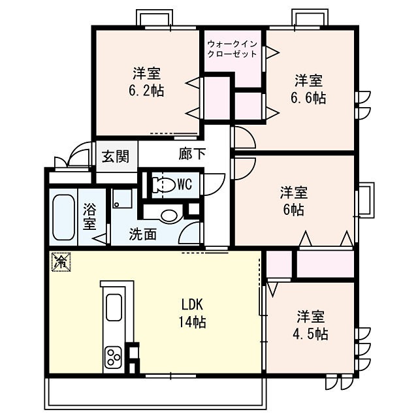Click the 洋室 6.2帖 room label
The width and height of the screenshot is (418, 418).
148,82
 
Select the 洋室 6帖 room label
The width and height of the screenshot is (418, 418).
294,201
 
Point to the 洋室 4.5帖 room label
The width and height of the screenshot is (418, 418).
311,325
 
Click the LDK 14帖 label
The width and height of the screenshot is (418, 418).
193,313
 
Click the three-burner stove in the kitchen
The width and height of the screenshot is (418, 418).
113,359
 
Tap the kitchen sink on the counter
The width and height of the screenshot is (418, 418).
113,307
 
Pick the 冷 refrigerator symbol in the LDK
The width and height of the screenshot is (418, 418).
59,263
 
